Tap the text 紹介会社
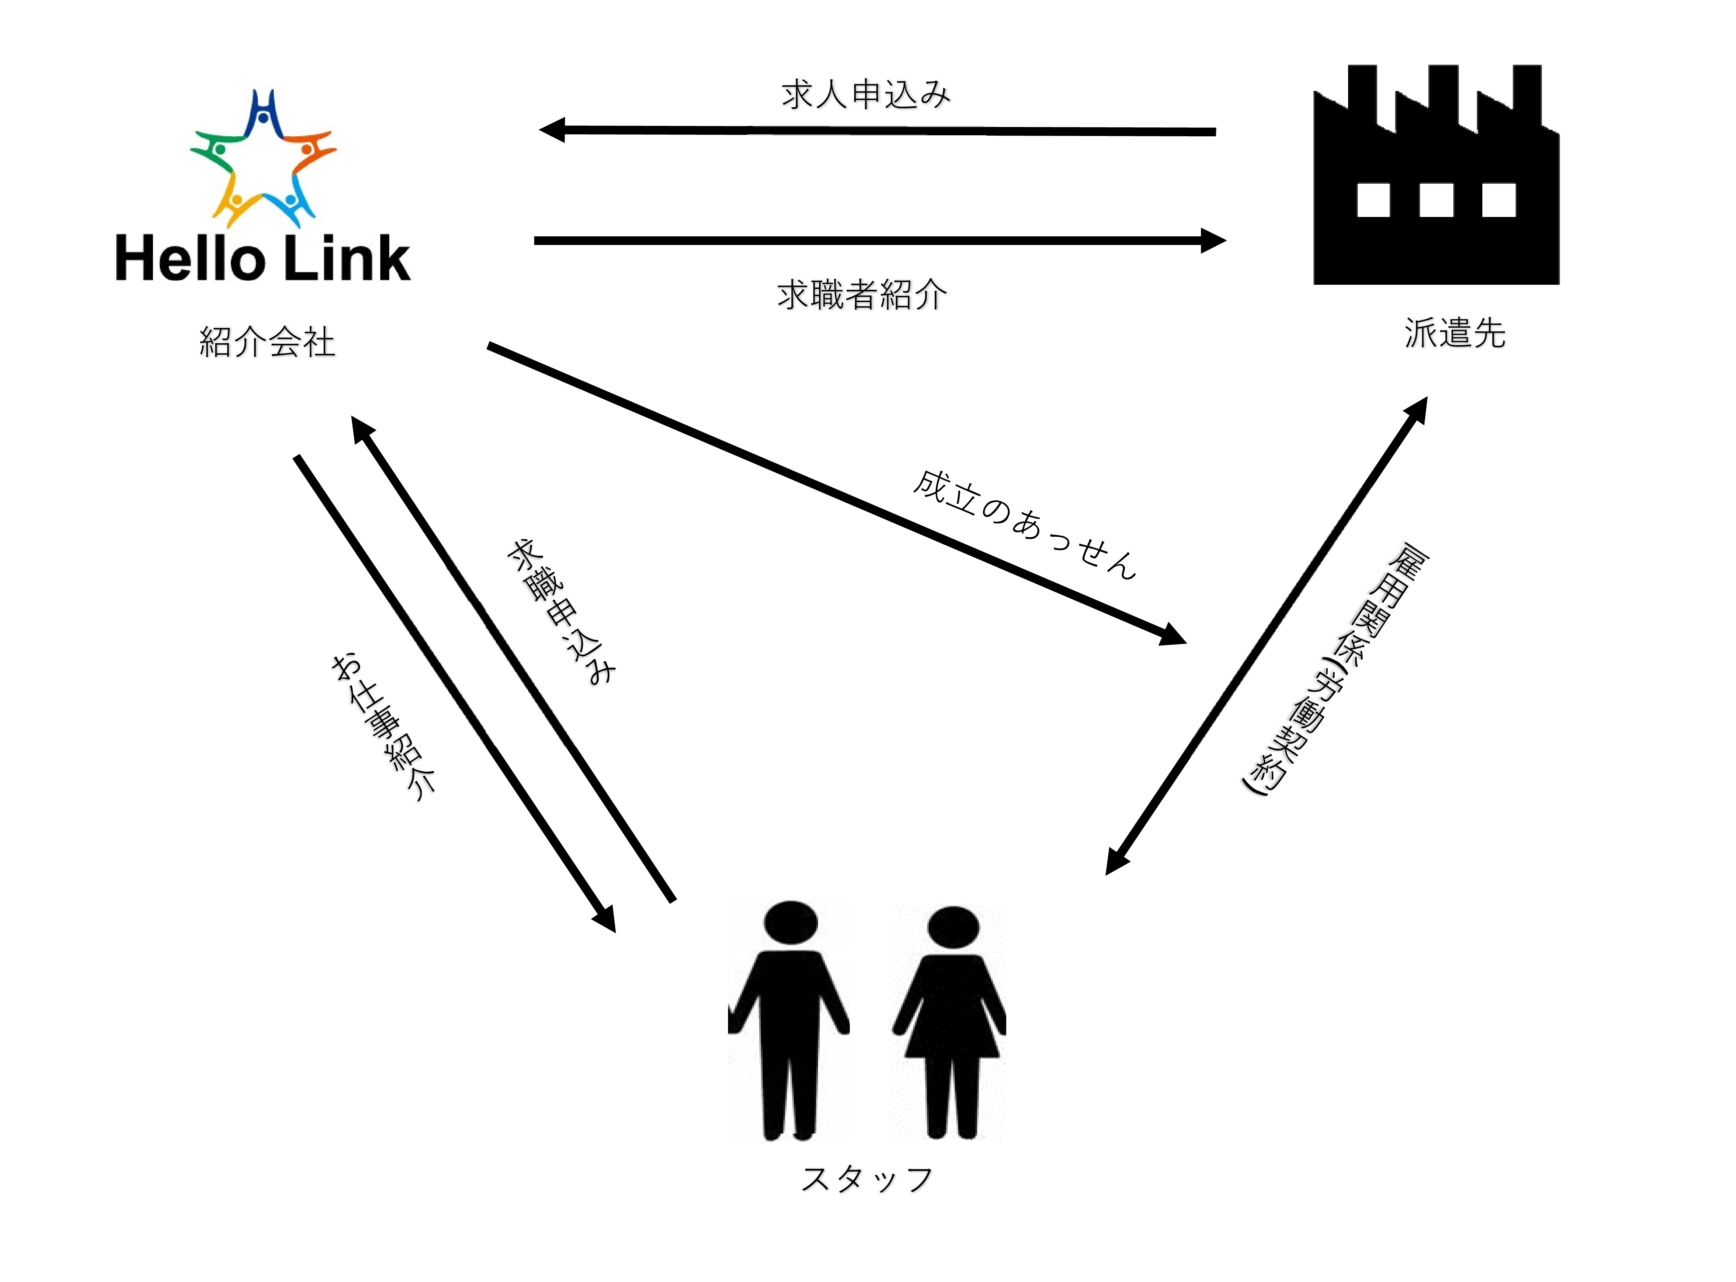point(267,342)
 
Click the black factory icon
point(1436,175)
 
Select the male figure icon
point(789,1020)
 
